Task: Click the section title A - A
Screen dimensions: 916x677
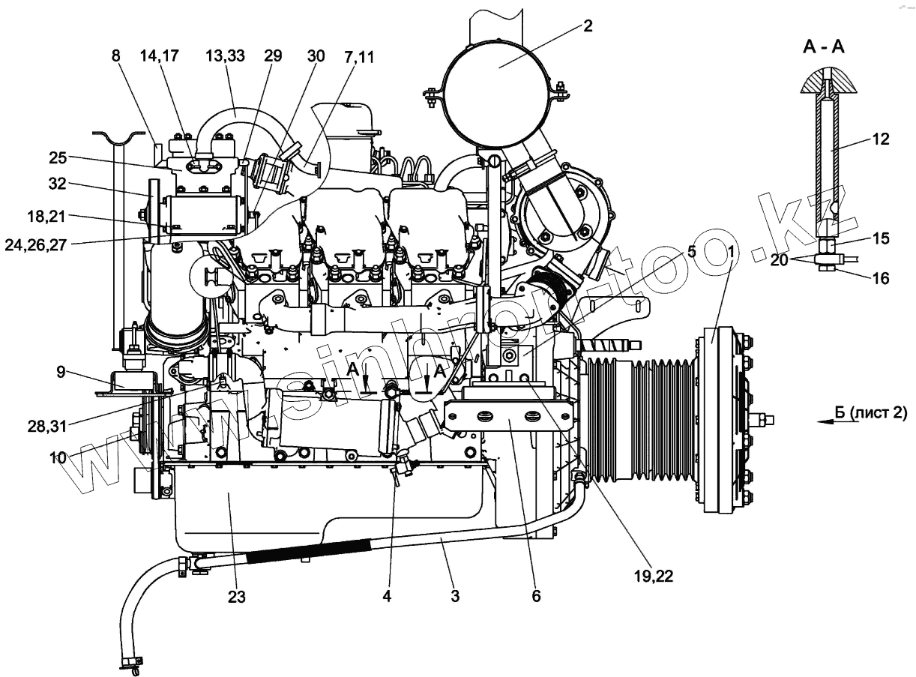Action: pyautogui.click(x=824, y=47)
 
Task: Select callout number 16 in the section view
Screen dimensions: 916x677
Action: pyautogui.click(x=881, y=278)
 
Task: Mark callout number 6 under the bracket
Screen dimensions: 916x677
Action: pyautogui.click(x=536, y=597)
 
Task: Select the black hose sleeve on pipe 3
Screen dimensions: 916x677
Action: pyautogui.click(x=307, y=554)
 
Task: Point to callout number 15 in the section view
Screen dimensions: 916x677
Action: pyautogui.click(x=881, y=239)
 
